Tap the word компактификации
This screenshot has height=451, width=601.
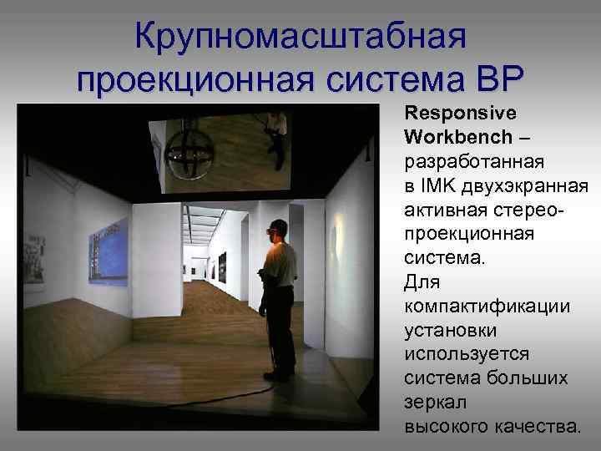coord(487,306)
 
